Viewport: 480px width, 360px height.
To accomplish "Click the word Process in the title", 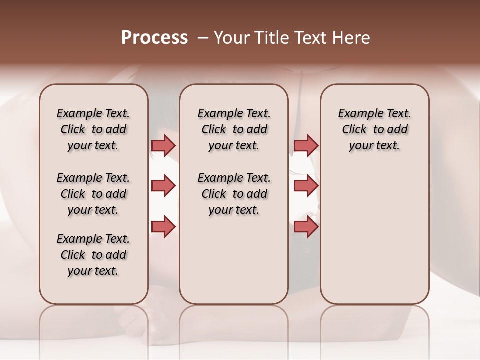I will pos(154,38).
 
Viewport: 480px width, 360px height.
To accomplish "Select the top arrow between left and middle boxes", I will pos(163,145).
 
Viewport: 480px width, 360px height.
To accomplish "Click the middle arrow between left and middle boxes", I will pos(163,186).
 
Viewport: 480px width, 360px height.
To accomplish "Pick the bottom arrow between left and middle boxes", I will pos(163,226).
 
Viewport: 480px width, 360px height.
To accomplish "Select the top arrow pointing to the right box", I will pos(306,145).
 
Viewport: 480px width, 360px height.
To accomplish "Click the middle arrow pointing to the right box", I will pos(306,186).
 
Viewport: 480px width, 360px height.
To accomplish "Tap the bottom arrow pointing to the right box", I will pos(306,226).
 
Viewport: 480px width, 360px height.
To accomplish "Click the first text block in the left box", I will pos(93,129).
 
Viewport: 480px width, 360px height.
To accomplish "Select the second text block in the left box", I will pos(93,194).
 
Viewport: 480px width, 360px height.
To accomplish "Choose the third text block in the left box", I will pos(93,255).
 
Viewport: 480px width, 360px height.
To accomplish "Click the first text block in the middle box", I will pos(234,129).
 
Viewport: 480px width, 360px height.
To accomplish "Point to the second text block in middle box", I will pos(234,194).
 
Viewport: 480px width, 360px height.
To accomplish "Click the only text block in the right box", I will pos(374,129).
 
